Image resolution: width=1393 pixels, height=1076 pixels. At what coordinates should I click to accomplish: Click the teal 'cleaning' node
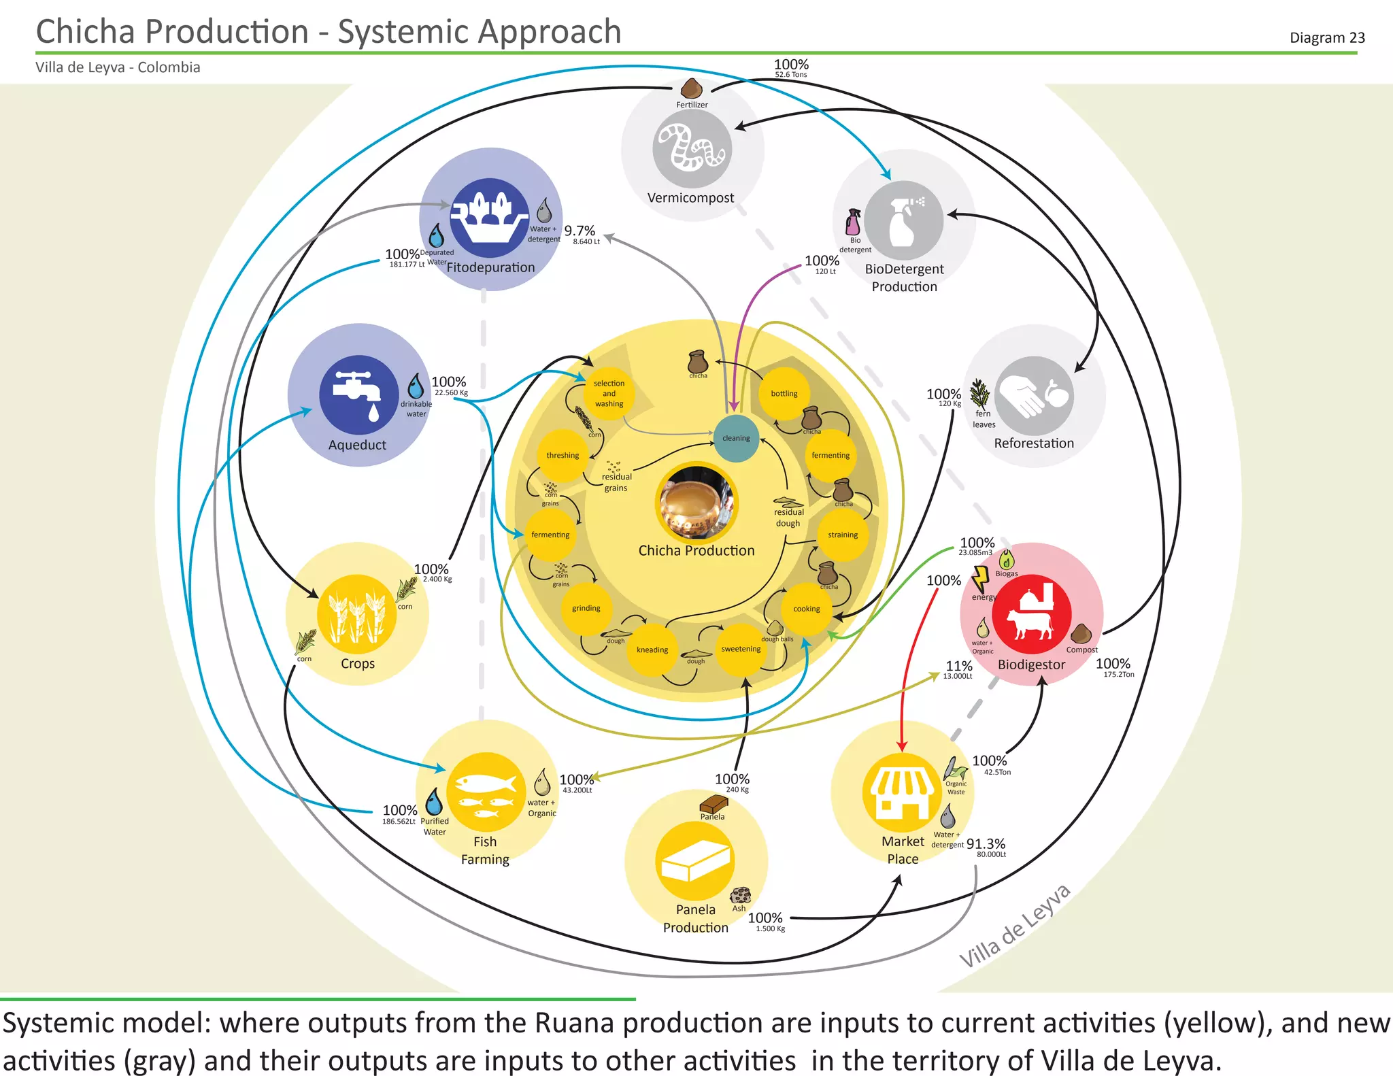click(x=736, y=438)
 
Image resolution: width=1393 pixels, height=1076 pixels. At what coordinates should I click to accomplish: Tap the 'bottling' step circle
click(x=784, y=394)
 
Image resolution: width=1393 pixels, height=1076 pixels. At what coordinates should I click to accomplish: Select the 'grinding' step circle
click(x=586, y=608)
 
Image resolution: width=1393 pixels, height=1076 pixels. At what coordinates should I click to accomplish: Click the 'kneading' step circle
click(x=652, y=650)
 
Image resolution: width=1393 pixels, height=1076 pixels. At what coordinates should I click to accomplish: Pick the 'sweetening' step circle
click(x=741, y=649)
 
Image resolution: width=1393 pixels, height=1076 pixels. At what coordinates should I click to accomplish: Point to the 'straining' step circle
click(x=843, y=535)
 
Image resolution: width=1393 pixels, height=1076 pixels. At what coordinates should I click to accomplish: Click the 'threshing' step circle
click(x=563, y=455)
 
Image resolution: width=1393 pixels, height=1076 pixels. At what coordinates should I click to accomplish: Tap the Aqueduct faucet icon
click(x=358, y=394)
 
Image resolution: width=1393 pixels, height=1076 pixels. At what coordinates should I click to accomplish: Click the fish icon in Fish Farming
click(x=485, y=792)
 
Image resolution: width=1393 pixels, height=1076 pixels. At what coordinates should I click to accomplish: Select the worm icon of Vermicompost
click(x=692, y=148)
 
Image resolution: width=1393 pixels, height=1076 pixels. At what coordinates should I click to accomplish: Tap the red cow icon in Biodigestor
click(x=1031, y=612)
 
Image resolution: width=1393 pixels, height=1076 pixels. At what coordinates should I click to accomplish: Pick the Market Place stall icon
click(x=902, y=792)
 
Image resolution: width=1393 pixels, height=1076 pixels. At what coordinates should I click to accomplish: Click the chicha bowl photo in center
click(x=696, y=502)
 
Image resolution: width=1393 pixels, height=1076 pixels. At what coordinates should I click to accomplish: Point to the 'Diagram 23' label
click(x=1326, y=37)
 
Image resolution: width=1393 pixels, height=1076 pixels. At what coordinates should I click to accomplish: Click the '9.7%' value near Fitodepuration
click(x=580, y=231)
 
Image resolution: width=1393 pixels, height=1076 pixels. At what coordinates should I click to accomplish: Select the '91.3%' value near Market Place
click(x=986, y=844)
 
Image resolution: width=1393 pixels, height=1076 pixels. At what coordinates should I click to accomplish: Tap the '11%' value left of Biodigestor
click(x=959, y=666)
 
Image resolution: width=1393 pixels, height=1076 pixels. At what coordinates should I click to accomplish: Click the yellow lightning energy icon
click(x=980, y=579)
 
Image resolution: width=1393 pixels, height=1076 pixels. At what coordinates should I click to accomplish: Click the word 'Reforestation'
click(x=1034, y=443)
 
